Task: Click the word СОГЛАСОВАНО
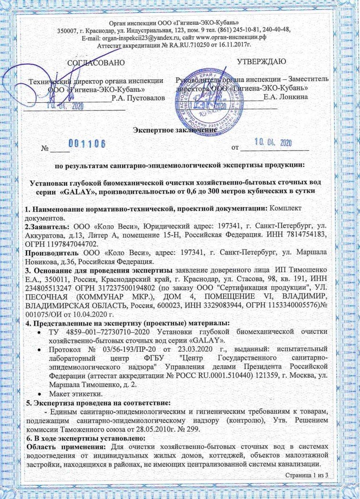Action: pyautogui.click(x=97, y=62)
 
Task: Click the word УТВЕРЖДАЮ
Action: pyautogui.click(x=259, y=61)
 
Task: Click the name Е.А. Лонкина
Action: pyautogui.click(x=285, y=97)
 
